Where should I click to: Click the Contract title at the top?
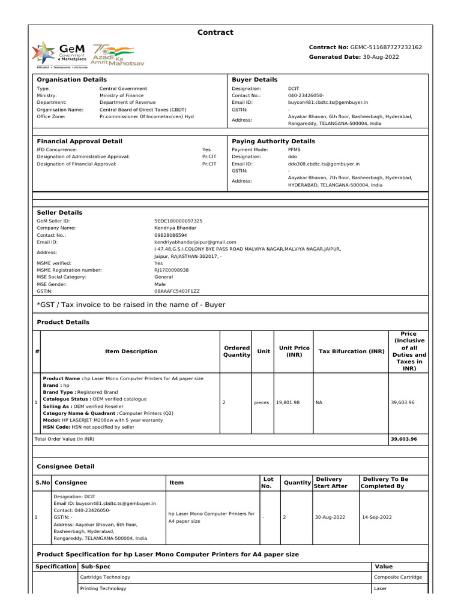point(215,32)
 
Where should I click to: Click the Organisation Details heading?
point(71,79)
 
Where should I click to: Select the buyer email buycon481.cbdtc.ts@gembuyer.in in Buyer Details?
point(324,103)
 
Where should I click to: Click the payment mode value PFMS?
point(294,149)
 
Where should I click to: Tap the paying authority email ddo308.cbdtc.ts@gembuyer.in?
point(324,163)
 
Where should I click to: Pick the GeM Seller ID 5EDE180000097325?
point(178,221)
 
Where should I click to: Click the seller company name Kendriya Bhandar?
point(175,228)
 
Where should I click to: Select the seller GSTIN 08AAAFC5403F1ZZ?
point(177,291)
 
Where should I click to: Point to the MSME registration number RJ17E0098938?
point(172,270)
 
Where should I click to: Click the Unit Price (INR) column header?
point(294,351)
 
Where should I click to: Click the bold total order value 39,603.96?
point(403,439)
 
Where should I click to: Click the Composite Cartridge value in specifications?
point(398,577)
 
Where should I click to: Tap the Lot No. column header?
point(268,483)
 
